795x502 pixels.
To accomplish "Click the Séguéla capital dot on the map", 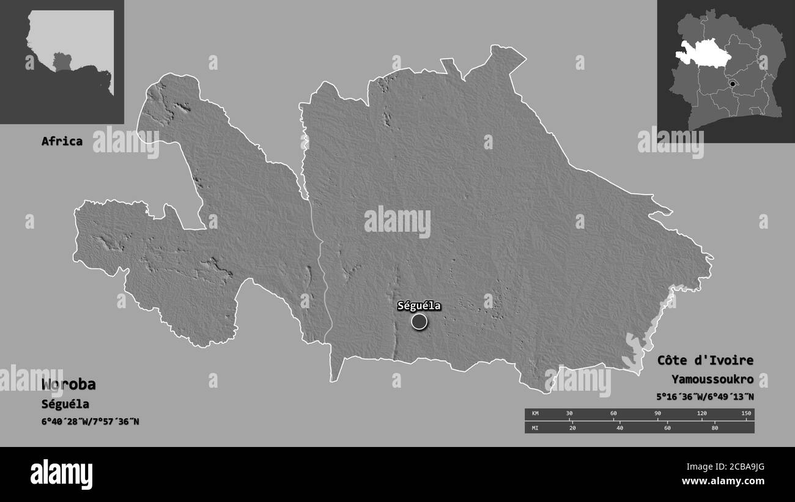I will point(419,322).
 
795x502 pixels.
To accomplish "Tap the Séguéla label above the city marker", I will point(419,306).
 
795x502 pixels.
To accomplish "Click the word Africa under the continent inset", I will point(62,141).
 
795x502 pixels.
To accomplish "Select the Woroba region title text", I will point(68,385).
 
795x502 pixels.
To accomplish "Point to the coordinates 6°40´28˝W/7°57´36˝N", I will point(91,421).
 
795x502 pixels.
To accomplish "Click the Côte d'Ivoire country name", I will point(705,360).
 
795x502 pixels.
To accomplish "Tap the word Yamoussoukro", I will point(712,379).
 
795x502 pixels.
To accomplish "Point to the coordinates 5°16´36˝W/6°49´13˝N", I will point(704,396).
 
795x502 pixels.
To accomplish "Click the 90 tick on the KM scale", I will point(657,414).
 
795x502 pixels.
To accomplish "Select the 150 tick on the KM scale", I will point(746,414).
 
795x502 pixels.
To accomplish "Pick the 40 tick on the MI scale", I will point(619,428).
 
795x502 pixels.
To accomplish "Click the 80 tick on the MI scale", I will point(714,428).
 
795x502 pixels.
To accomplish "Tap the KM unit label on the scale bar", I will point(535,414).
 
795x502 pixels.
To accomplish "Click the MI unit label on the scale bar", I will point(535,428).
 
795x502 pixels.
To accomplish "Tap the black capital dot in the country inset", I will point(733,83).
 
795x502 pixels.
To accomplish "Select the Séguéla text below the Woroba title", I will point(65,404).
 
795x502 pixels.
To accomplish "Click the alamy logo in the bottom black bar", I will point(62,474).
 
